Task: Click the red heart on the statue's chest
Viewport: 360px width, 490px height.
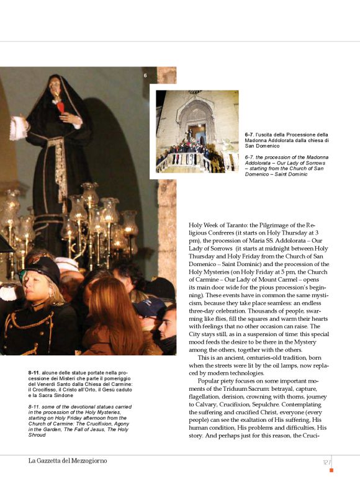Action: [61, 106]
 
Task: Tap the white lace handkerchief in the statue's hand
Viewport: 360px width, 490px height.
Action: [18, 127]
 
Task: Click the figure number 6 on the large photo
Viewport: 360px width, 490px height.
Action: [145, 76]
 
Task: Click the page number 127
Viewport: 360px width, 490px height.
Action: [327, 462]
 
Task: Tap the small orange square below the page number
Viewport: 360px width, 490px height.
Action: [331, 470]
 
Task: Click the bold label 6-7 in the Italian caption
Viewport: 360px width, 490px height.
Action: [251, 135]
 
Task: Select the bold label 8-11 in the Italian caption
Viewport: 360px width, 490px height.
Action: [35, 372]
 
